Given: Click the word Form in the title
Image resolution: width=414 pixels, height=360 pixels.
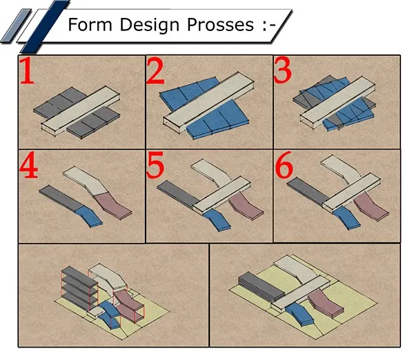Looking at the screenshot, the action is point(90,25).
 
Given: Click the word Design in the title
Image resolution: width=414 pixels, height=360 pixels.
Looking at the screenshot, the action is point(150,25).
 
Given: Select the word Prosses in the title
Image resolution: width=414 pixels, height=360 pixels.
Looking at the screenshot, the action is point(221,25).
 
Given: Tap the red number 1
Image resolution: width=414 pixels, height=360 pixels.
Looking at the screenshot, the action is point(27,71).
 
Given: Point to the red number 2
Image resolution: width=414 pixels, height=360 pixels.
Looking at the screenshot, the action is point(155,72).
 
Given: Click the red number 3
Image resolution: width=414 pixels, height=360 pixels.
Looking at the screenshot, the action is point(283,70).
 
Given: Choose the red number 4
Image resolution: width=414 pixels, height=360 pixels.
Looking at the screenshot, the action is point(28,166).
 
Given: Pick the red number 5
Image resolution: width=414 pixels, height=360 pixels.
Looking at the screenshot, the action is point(155,166).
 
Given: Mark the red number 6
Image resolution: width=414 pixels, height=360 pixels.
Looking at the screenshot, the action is point(284,164).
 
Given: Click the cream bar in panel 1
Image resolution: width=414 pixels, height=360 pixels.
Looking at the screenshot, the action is point(81,111).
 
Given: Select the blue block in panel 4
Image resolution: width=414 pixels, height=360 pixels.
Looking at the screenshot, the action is point(89,217).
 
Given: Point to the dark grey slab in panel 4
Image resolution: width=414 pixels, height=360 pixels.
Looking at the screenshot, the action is point(61,198).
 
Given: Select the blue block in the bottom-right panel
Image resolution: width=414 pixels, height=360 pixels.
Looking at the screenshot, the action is point(300,314).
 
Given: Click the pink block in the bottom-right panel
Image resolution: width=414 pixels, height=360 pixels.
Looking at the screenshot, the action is point(326,303).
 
